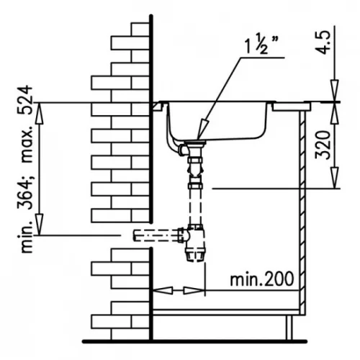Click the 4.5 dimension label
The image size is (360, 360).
tap(323, 42)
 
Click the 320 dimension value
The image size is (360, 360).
tap(323, 145)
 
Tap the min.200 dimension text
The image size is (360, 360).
tap(262, 279)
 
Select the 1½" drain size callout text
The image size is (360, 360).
tap(261, 44)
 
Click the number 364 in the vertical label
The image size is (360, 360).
tap(24, 195)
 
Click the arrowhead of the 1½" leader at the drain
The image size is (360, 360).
tap(202, 130)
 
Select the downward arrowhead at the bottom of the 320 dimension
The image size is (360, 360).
tap(336, 178)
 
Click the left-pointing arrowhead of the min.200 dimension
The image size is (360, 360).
tap(163, 290)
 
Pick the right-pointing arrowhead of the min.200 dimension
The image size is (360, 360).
tap(193, 291)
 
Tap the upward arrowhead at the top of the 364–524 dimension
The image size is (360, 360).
tap(40, 114)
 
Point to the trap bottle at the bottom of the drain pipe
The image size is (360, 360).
tap(196, 243)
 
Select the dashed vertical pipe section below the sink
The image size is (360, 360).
tap(196, 207)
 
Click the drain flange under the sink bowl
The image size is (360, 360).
tap(195, 143)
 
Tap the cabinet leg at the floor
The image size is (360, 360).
tap(289, 328)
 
